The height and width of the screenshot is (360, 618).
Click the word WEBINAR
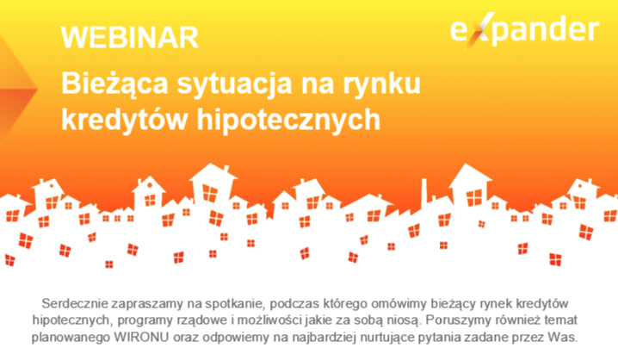(130, 37)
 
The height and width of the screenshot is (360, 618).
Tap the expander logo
(524, 29)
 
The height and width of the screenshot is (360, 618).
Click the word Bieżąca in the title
(114, 84)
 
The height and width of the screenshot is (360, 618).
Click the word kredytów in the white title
(124, 120)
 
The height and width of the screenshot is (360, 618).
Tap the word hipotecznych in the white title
(288, 120)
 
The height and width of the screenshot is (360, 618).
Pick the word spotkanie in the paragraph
(234, 304)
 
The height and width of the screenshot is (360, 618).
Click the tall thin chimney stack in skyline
(424, 193)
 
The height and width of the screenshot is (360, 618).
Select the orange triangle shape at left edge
(15, 89)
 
